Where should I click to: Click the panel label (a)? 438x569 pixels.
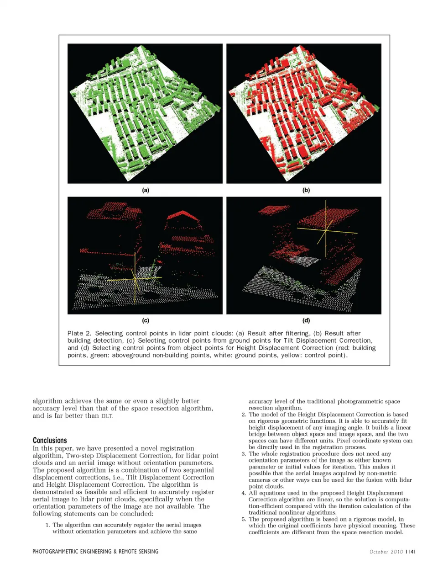click(x=146, y=190)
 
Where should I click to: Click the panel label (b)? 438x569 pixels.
click(x=306, y=190)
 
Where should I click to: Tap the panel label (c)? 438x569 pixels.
click(x=146, y=320)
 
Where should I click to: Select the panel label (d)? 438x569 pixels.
click(x=306, y=320)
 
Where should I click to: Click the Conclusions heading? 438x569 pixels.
click(x=50, y=440)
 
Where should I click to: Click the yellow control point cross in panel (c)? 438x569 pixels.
click(x=135, y=278)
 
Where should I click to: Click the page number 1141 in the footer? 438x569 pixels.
click(x=411, y=552)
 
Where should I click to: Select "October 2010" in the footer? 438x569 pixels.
click(x=386, y=552)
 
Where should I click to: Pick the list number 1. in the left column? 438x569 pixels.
click(x=48, y=525)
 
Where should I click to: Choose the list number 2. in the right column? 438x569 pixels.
click(x=244, y=415)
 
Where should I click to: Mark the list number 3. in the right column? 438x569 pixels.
click(x=244, y=454)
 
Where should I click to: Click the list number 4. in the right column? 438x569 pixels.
click(x=244, y=493)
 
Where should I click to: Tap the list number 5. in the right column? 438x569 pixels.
click(x=244, y=519)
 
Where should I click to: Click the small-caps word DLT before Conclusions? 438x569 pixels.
click(x=106, y=416)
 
